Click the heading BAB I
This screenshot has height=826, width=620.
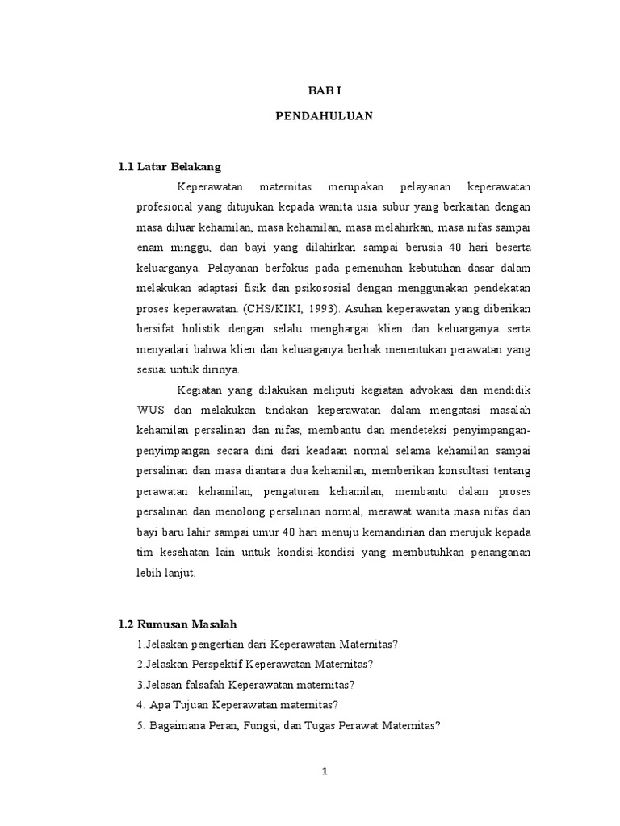pos(323,93)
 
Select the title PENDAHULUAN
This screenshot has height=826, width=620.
pos(323,116)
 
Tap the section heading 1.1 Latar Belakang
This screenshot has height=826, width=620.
pos(169,167)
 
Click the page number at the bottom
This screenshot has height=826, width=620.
pos(324,771)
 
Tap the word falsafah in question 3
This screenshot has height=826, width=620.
pos(207,684)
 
